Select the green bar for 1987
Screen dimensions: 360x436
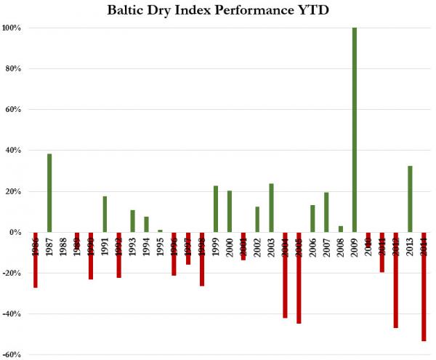pos(49,193)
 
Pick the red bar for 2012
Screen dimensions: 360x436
pos(396,280)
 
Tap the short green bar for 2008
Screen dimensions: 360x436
pos(340,229)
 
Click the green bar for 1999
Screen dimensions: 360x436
pos(216,209)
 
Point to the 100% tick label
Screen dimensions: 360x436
pos(13,28)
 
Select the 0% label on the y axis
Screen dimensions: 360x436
pos(17,233)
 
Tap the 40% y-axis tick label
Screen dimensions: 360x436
pos(15,151)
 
